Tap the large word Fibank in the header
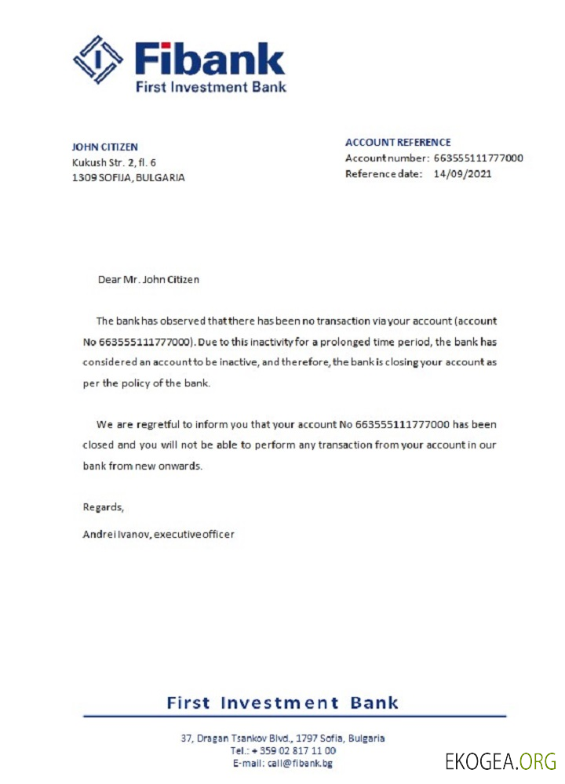(x=209, y=59)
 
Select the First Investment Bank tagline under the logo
(x=210, y=86)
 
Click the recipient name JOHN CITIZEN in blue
(x=104, y=147)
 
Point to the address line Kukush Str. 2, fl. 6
(x=114, y=162)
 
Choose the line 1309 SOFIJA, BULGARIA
(x=128, y=177)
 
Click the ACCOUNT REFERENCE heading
(x=398, y=143)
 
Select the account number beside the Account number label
(x=478, y=158)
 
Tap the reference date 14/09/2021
(x=463, y=173)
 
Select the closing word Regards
(x=104, y=507)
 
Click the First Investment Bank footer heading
(x=282, y=702)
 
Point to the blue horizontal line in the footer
(x=294, y=717)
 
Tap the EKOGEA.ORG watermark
(x=500, y=760)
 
